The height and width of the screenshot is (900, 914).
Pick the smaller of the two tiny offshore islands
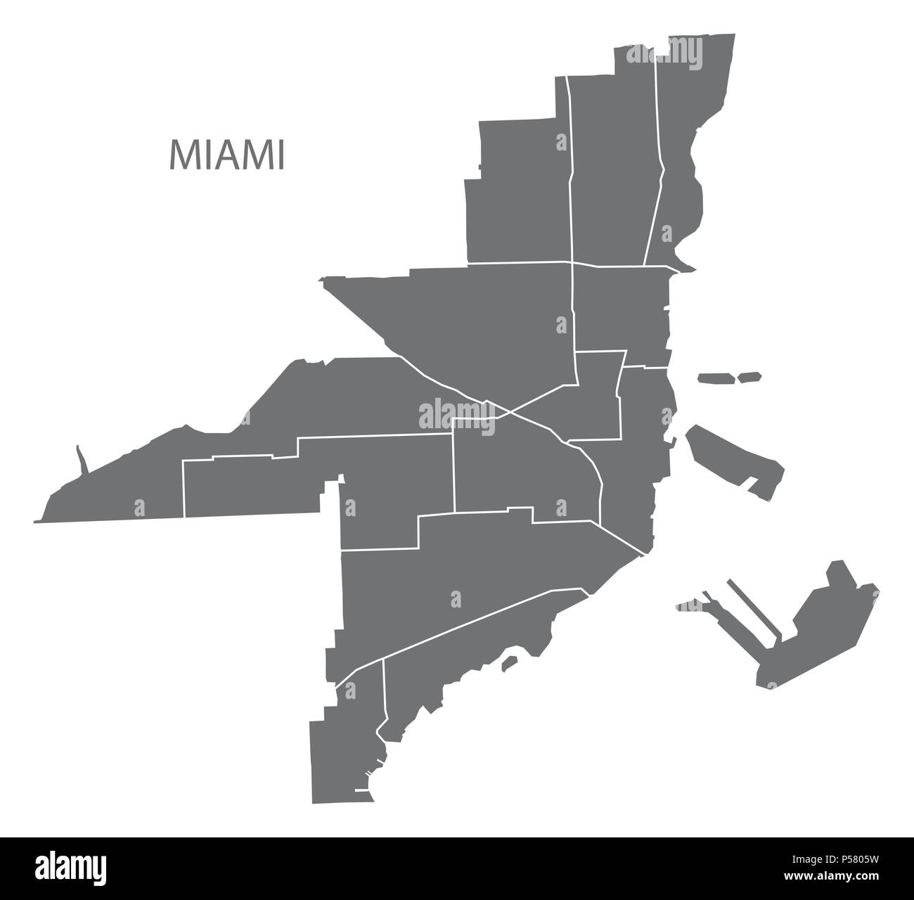(x=749, y=377)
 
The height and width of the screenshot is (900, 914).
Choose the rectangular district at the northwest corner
(x=520, y=190)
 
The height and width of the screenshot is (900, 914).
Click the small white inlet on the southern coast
(x=510, y=661)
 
